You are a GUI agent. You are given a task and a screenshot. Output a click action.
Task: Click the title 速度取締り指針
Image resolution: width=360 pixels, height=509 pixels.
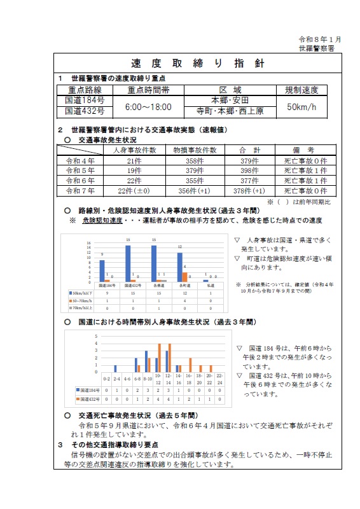tap(197, 64)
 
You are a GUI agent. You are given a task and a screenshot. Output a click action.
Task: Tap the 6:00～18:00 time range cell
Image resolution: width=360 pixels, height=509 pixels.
tap(147, 106)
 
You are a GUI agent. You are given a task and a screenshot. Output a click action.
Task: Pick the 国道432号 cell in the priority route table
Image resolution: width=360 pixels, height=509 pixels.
tap(85, 112)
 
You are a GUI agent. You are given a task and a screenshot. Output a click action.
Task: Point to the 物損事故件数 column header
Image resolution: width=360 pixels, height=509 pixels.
tap(195, 150)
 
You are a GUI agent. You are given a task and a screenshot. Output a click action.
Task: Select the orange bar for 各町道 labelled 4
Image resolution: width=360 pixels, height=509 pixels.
tap(186, 277)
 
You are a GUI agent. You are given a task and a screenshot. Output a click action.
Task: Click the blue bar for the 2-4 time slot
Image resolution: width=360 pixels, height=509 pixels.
tap(116, 368)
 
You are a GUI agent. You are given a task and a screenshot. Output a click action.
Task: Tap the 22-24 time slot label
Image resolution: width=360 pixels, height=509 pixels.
tap(219, 380)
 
